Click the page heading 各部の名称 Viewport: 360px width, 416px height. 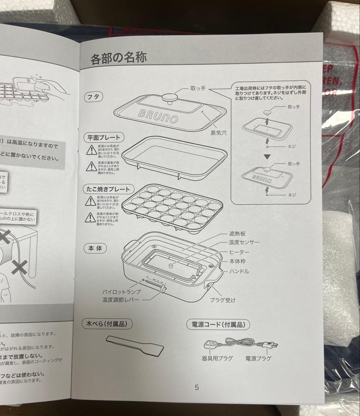[x=118, y=58]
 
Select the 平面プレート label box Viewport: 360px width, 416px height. [x=104, y=137]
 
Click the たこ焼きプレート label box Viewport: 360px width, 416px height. [x=109, y=189]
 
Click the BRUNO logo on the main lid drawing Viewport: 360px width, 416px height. [x=159, y=114]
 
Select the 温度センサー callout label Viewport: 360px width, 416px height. [x=244, y=242]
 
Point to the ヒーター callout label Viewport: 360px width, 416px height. [x=239, y=252]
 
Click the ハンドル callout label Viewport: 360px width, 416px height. [x=239, y=271]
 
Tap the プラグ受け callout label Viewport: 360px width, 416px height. [x=223, y=300]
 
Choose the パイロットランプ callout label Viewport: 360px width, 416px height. [x=121, y=292]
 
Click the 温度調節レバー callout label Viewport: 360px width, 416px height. [x=120, y=300]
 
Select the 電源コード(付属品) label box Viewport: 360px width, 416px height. [x=218, y=324]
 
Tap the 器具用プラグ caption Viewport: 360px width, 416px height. [x=217, y=358]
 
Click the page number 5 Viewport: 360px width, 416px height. [x=197, y=387]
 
